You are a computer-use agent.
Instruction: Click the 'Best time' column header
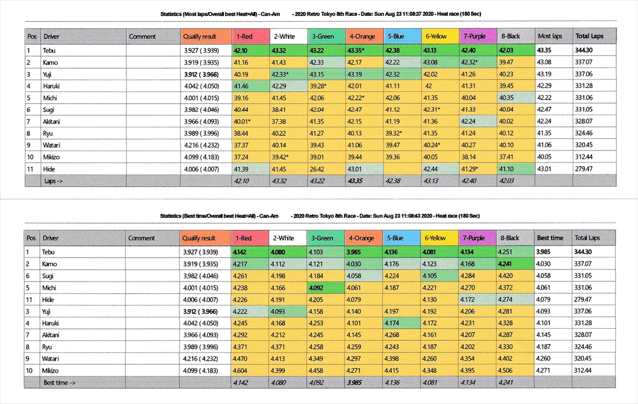tap(550, 238)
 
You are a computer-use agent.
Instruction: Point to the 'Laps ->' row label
tap(54, 181)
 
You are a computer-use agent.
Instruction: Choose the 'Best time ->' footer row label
tap(60, 382)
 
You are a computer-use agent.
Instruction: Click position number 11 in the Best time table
tap(30, 299)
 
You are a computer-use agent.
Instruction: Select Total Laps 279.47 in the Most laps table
tap(585, 169)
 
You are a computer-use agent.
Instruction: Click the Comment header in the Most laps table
tap(142, 36)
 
